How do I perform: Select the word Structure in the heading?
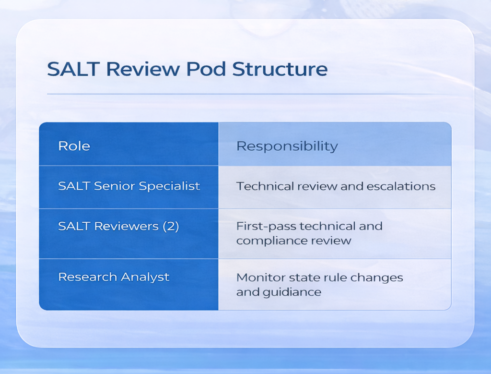(x=280, y=69)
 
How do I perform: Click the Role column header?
(x=74, y=146)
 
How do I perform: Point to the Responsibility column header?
(x=287, y=146)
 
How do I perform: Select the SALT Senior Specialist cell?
(x=129, y=186)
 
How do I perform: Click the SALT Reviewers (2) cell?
(x=118, y=227)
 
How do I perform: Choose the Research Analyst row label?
(x=114, y=277)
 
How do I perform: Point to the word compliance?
(x=271, y=241)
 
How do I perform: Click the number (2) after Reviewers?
(x=171, y=227)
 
